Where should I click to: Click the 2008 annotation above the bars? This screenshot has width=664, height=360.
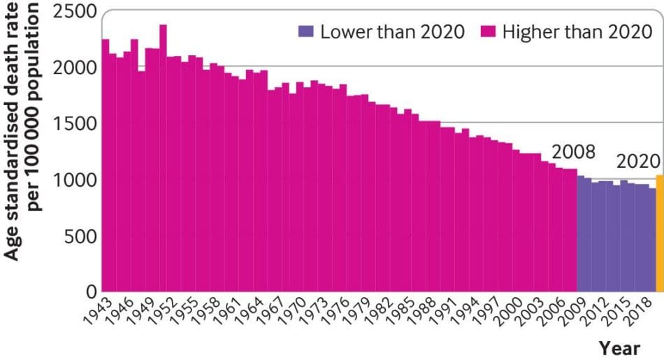(572, 152)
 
